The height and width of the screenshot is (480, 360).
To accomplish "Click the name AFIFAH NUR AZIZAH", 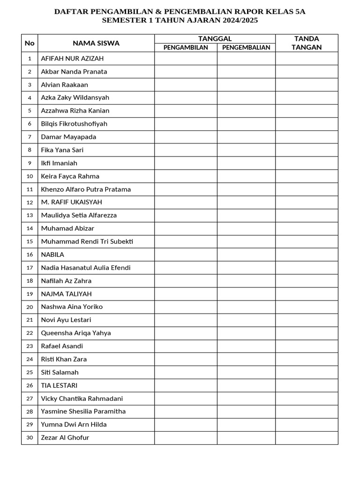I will (x=72, y=59).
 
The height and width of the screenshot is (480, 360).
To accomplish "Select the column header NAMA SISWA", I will (x=96, y=43).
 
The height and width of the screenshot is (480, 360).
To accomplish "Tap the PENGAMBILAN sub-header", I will (x=186, y=47).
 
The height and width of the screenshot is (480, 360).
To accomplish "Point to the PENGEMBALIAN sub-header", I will (x=246, y=47).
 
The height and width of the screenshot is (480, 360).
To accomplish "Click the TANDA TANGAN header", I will (x=307, y=43).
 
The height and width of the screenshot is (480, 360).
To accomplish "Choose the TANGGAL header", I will (x=215, y=38).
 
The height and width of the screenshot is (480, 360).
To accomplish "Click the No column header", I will (x=30, y=43).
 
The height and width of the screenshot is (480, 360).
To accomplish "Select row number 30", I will (x=30, y=438).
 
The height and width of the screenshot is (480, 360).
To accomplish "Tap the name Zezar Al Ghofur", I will (x=65, y=438).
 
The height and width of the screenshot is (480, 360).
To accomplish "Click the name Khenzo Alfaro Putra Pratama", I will (x=86, y=189).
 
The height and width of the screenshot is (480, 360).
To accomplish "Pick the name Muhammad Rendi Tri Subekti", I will (x=87, y=241).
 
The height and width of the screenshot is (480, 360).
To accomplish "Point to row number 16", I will (x=30, y=255).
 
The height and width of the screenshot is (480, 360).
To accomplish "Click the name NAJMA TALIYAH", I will (x=66, y=294).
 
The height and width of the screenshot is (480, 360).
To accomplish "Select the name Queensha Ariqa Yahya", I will (x=76, y=333).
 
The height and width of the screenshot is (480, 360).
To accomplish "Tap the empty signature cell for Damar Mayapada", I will (x=307, y=137).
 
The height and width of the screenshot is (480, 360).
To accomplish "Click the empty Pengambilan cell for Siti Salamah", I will (x=186, y=372).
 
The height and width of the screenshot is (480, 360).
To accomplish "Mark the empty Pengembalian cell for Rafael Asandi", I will (x=246, y=346).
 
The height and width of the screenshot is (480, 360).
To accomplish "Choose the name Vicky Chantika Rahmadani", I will (x=82, y=398).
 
